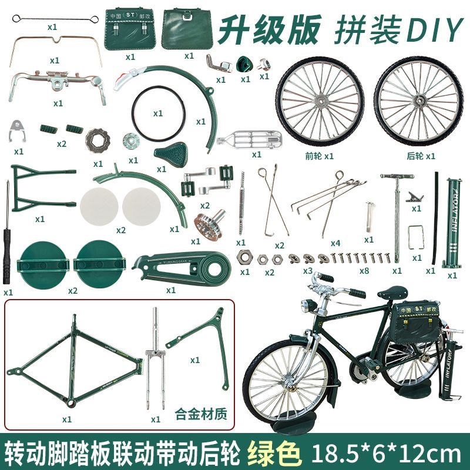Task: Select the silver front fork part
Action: (x=155, y=358)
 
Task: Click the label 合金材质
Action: (x=201, y=412)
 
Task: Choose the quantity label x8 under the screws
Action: (x=364, y=271)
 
